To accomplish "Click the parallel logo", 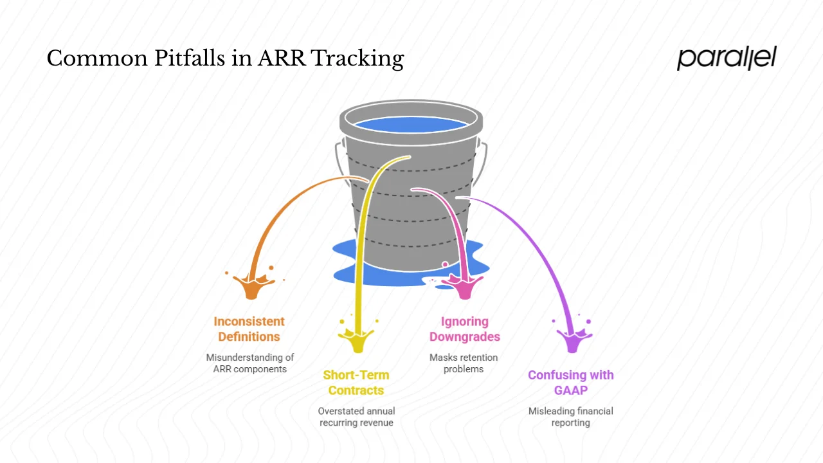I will coord(727,58).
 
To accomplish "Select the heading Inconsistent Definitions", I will coord(249,329).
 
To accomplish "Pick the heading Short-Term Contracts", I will coord(356,383).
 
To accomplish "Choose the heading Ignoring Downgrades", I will coord(464,329).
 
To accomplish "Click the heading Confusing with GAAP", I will coord(570,383).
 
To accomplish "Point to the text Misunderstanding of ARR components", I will coord(249,363).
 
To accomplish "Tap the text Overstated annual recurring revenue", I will coord(356,417).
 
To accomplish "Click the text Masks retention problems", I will coord(463,363).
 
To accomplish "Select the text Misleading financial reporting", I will coord(570,417).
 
